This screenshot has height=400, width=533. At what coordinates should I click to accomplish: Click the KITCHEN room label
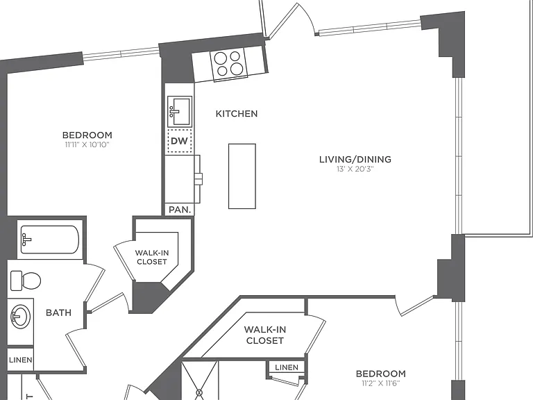tap(237, 114)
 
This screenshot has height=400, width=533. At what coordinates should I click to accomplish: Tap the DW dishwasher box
tap(180, 141)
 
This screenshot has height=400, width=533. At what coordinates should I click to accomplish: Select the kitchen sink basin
tap(180, 112)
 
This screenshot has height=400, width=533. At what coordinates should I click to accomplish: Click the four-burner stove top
tap(229, 64)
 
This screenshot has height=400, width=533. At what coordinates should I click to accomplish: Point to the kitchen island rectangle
tap(242, 176)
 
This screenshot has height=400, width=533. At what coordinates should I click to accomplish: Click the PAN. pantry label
tap(180, 210)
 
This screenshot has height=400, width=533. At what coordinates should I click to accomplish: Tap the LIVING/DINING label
tap(355, 159)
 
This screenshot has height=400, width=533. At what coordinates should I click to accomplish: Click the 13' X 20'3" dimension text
tap(355, 169)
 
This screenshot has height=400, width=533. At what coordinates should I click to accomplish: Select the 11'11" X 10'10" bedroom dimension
tap(87, 145)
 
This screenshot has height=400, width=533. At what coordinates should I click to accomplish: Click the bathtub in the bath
tap(50, 240)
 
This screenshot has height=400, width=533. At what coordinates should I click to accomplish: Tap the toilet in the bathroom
tap(26, 281)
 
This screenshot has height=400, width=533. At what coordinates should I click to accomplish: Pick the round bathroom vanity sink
tap(20, 317)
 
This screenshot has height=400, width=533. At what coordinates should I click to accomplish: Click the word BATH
tap(59, 312)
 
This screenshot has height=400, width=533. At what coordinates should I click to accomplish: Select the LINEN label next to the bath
tap(21, 360)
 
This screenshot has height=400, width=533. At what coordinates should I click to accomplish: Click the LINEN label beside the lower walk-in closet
tap(287, 367)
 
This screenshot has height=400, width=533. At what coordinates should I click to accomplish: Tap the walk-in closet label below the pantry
tap(152, 257)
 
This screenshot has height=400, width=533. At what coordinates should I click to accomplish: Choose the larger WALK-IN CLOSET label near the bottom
tap(265, 335)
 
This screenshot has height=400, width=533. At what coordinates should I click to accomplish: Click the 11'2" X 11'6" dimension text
tap(381, 383)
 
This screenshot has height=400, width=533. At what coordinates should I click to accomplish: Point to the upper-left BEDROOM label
tap(87, 135)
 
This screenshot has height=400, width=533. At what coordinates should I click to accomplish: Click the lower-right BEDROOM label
tap(381, 374)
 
